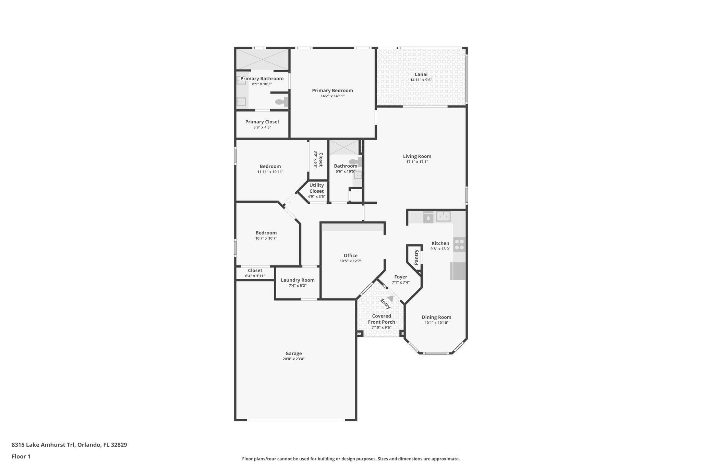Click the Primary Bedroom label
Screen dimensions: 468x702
click(x=332, y=91)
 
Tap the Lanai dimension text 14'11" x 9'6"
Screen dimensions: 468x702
click(x=421, y=80)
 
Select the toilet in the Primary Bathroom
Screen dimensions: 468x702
click(x=282, y=102)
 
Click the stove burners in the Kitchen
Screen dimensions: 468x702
click(x=459, y=244)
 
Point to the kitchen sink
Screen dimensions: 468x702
click(x=443, y=216)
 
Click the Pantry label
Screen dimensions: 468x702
click(x=416, y=257)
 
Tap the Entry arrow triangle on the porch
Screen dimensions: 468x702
click(x=390, y=299)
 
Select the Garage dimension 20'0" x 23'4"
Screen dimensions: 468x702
click(x=293, y=359)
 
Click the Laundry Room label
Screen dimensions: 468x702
click(x=298, y=280)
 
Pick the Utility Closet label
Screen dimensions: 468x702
click(x=316, y=188)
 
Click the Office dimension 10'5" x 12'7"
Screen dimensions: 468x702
click(x=350, y=261)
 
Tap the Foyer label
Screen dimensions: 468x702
click(x=400, y=277)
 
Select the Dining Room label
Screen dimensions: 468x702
click(x=436, y=317)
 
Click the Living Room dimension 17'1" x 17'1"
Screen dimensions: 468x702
click(x=417, y=162)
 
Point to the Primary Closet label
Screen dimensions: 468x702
click(x=262, y=122)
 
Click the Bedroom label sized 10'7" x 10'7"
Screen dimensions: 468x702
click(x=266, y=233)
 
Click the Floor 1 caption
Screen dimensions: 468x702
click(x=21, y=456)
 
